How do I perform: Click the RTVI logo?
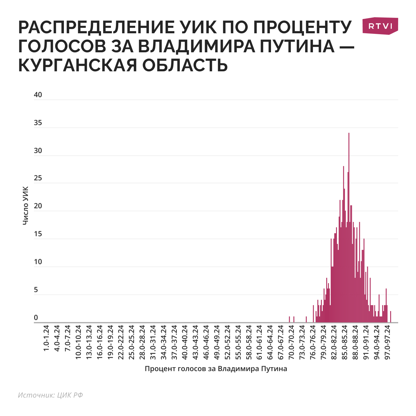(x=380, y=26)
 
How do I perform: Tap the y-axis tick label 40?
(x=38, y=95)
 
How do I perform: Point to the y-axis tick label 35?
(x=38, y=123)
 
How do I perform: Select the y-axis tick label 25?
(x=38, y=178)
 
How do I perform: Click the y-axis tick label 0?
(x=36, y=318)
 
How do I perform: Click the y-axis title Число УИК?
(x=26, y=205)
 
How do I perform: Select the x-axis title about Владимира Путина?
(x=216, y=369)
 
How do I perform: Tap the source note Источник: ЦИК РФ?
(x=50, y=395)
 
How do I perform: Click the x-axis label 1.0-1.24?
(x=46, y=342)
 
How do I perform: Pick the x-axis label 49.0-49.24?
(x=217, y=342)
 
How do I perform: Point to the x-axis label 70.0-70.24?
(x=291, y=342)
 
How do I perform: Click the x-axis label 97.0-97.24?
(x=387, y=342)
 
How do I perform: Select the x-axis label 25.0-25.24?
(x=131, y=342)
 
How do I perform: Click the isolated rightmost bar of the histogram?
(x=390, y=317)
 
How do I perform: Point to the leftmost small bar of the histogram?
(x=289, y=320)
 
